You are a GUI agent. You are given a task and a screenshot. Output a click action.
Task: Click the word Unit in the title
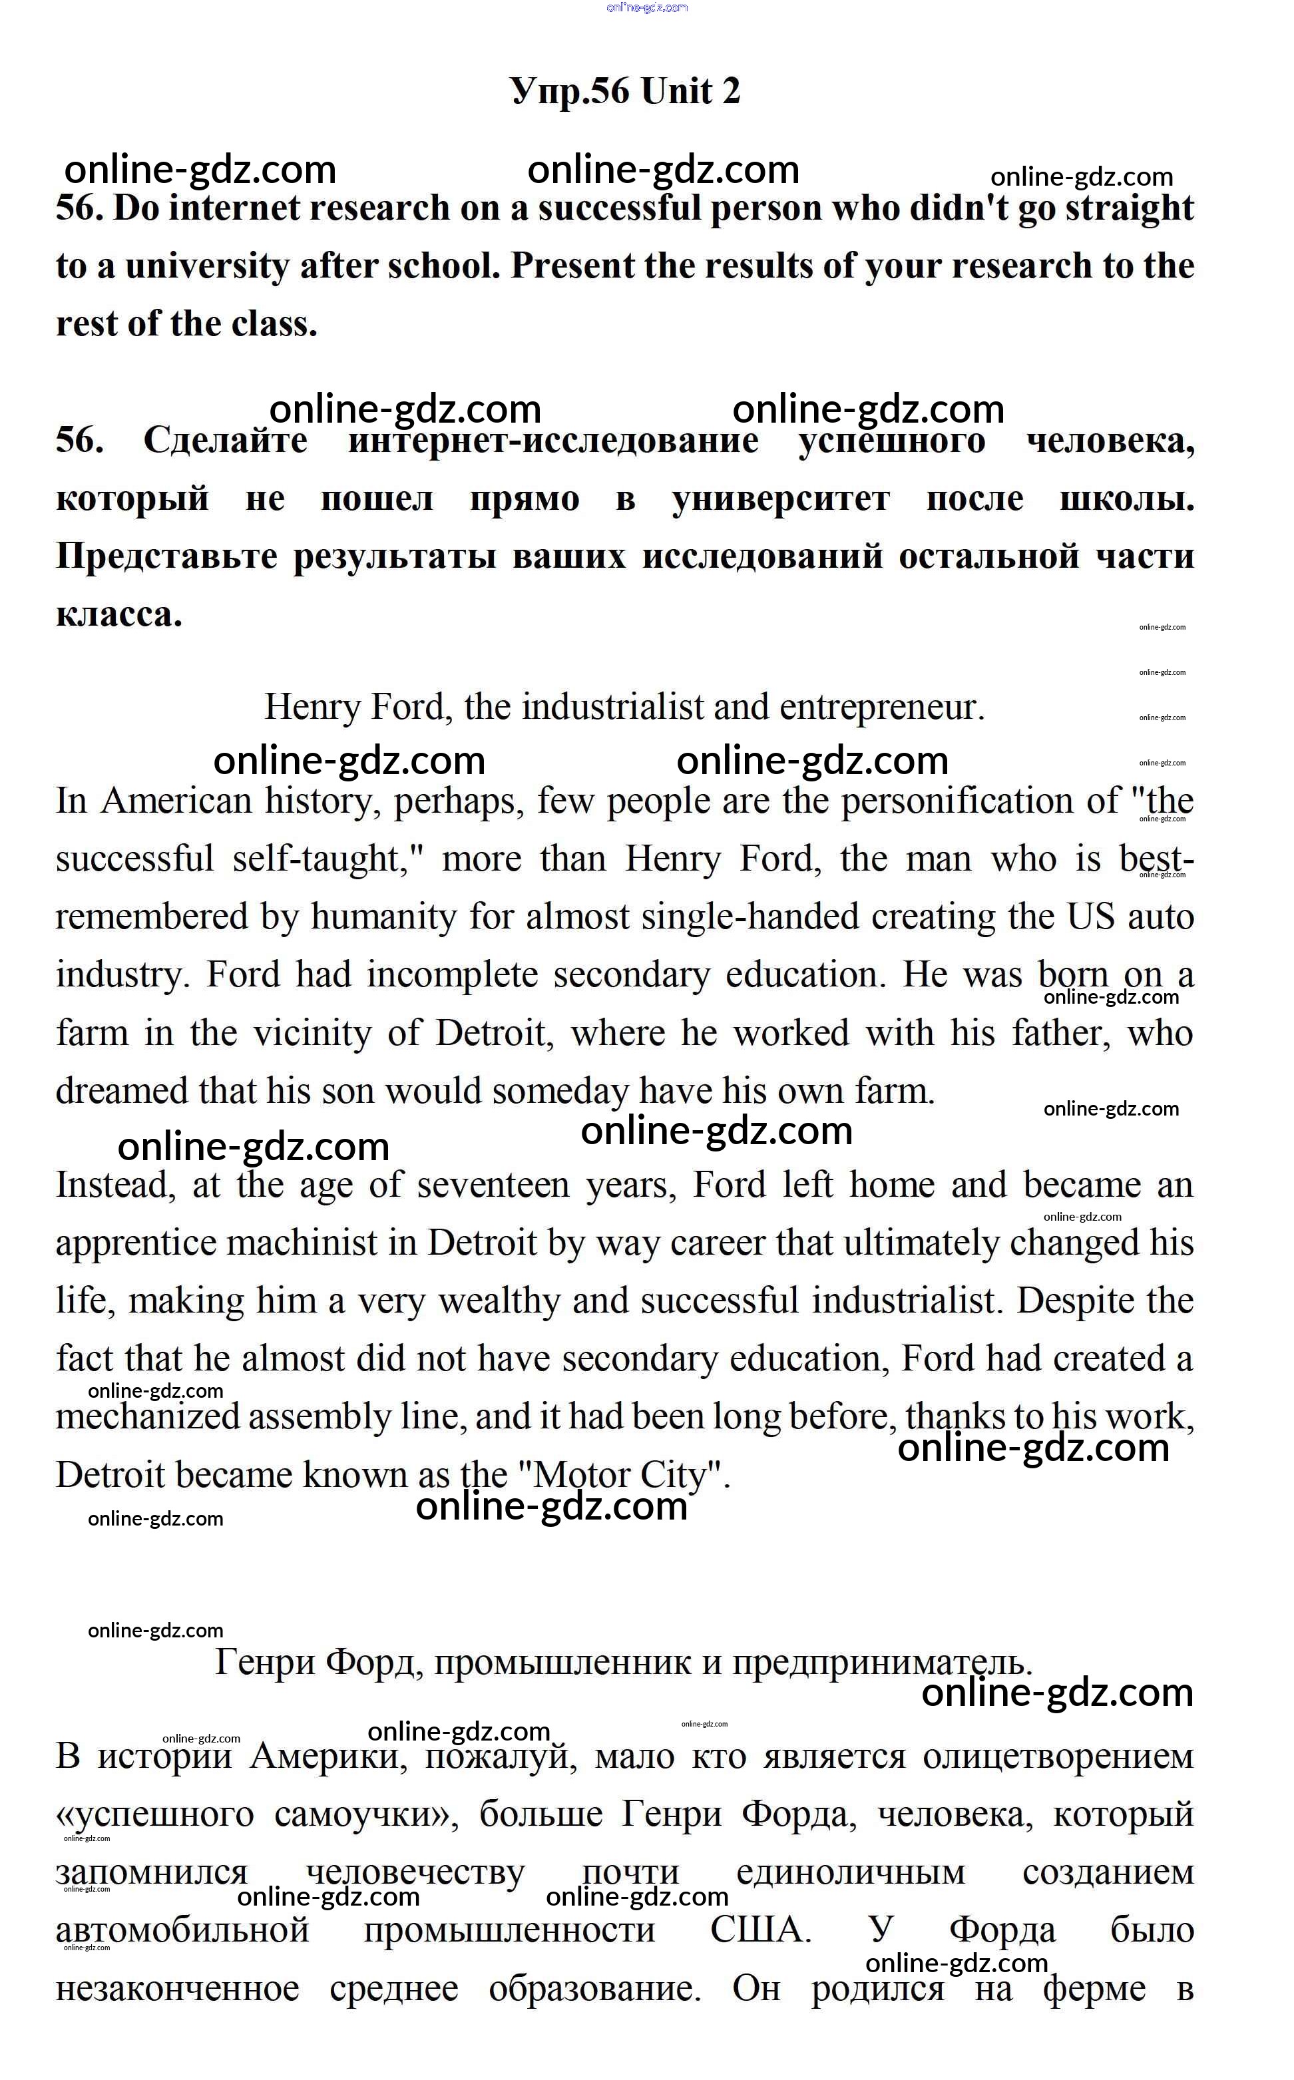coord(676,91)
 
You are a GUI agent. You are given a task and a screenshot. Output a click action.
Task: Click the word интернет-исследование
coord(553,441)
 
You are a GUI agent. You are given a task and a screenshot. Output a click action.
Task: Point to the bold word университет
coord(781,499)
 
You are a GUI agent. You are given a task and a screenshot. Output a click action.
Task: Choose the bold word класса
coord(119,614)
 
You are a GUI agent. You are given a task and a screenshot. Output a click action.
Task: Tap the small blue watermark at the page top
coord(647,8)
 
